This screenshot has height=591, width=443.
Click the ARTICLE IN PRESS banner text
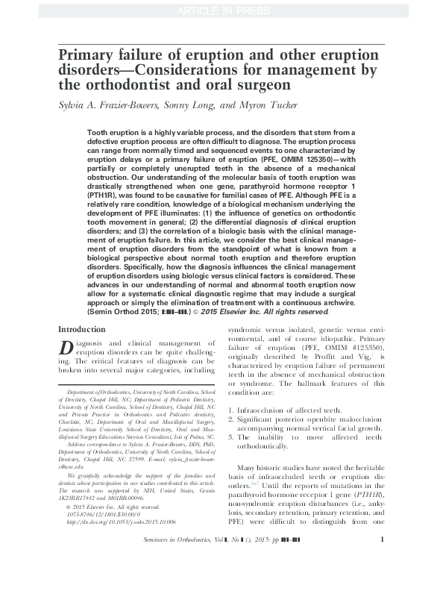point(221,10)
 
